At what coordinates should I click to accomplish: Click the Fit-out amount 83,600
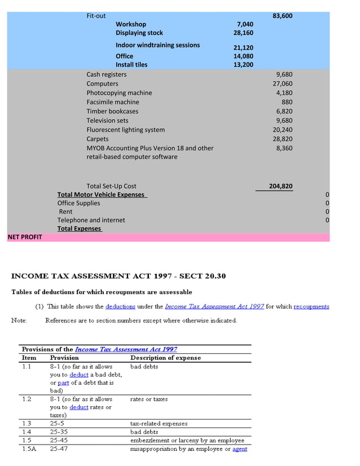pyautogui.click(x=282, y=16)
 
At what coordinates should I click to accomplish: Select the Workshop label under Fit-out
pyautogui.click(x=131, y=24)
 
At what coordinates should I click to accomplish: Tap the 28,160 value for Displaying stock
pyautogui.click(x=243, y=33)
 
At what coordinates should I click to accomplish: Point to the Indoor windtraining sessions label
pyautogui.click(x=157, y=45)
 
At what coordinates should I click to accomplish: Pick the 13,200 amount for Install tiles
pyautogui.click(x=243, y=65)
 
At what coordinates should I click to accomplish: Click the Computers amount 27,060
pyautogui.click(x=282, y=83)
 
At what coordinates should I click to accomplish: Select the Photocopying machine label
pyautogui.click(x=119, y=93)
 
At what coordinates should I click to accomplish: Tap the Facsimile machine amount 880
pyautogui.click(x=287, y=102)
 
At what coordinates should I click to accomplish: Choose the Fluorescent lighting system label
pyautogui.click(x=125, y=130)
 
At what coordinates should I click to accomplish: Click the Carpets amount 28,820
pyautogui.click(x=282, y=139)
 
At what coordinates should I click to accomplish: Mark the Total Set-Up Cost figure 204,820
pyautogui.click(x=280, y=186)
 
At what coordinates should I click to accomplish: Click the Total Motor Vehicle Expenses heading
pyautogui.click(x=101, y=195)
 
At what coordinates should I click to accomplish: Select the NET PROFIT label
pyautogui.click(x=25, y=237)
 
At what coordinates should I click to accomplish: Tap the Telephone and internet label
pyautogui.click(x=91, y=220)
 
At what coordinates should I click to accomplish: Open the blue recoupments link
pyautogui.click(x=311, y=306)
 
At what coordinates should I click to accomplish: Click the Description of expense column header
pyautogui.click(x=165, y=358)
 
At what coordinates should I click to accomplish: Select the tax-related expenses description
pyautogui.click(x=159, y=423)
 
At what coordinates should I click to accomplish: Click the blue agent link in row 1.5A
pyautogui.click(x=240, y=449)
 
